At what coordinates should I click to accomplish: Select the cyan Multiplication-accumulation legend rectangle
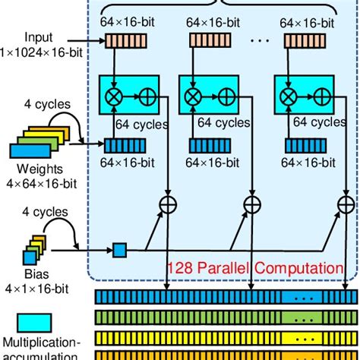[30, 321]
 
